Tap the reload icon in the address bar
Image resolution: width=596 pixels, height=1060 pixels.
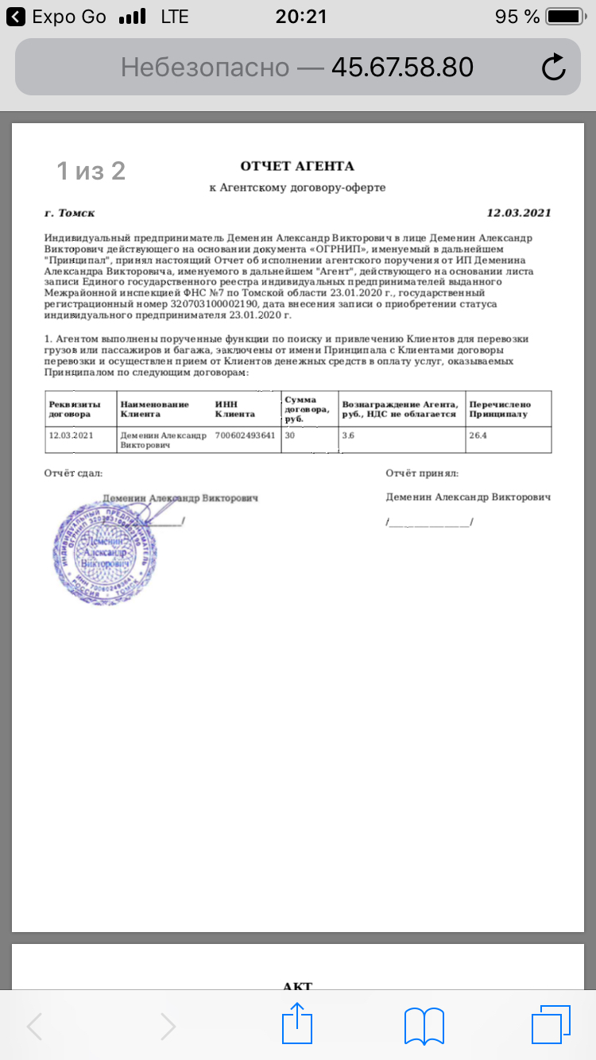[x=553, y=68]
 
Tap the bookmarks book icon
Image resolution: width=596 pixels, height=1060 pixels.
[x=424, y=1026]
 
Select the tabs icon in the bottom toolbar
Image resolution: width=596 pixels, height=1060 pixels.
[x=551, y=1025]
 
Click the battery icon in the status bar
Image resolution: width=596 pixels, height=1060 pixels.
[x=567, y=17]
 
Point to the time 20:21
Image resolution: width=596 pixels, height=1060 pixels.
[x=301, y=17]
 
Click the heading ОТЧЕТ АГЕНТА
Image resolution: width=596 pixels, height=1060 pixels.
[x=297, y=166]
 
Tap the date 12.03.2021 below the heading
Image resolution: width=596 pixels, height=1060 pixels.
[x=518, y=213]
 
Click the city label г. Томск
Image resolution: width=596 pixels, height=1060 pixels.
[x=70, y=213]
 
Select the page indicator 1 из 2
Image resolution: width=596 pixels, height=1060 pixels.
[x=91, y=170]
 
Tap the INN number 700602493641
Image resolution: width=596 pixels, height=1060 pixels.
[x=245, y=435]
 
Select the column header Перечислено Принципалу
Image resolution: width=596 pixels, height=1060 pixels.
[x=499, y=408]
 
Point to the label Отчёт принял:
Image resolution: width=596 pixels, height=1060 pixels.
[x=422, y=474]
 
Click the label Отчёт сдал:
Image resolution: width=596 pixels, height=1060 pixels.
[x=73, y=474]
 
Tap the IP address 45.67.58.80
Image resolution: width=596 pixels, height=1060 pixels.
[x=402, y=68]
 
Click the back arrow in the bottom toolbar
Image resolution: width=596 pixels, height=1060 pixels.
[x=35, y=1026]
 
